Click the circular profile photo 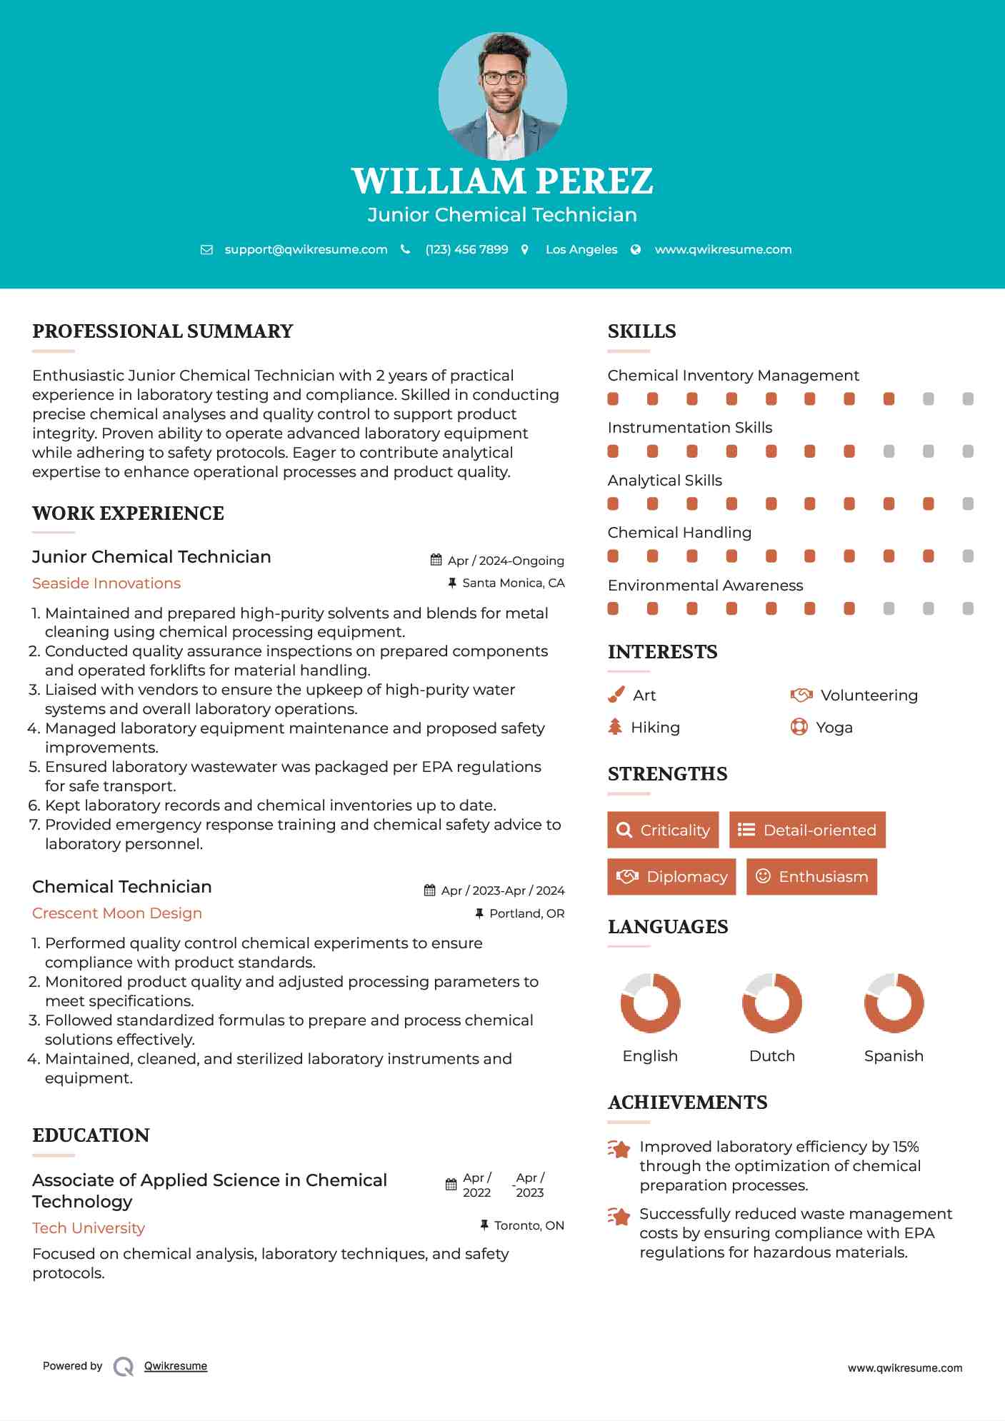click(x=502, y=96)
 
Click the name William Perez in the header click(x=502, y=181)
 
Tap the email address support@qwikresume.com click(x=306, y=249)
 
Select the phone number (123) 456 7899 click(x=466, y=249)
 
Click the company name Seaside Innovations click(x=106, y=583)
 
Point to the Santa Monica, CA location click(x=513, y=583)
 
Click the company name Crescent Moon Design click(x=117, y=913)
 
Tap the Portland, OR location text click(x=526, y=913)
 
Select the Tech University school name click(x=89, y=1228)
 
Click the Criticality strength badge click(x=663, y=830)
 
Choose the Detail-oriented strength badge click(x=807, y=830)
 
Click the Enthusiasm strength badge click(x=811, y=877)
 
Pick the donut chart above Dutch click(x=771, y=1003)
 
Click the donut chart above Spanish click(x=894, y=1003)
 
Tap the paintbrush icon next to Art click(x=616, y=695)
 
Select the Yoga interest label click(x=834, y=728)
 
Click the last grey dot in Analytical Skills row click(x=968, y=504)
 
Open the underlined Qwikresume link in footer click(x=176, y=1366)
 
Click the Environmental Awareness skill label click(x=705, y=586)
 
